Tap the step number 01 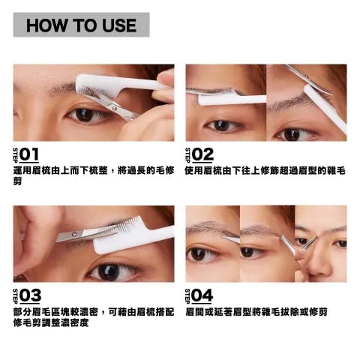pyautogui.click(x=29, y=154)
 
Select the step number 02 pyautogui.click(x=202, y=154)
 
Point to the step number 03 pyautogui.click(x=30, y=295)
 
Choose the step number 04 pyautogui.click(x=202, y=295)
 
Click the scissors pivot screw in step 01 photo pyautogui.click(x=115, y=108)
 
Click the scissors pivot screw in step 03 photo pyautogui.click(x=73, y=234)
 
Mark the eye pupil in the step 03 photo pyautogui.click(x=109, y=272)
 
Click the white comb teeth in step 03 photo pyautogui.click(x=130, y=226)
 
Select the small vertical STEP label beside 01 pyautogui.click(x=16, y=155)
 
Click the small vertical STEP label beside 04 pyautogui.click(x=187, y=296)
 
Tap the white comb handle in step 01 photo pyautogui.click(x=140, y=84)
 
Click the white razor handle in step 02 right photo pyautogui.click(x=325, y=108)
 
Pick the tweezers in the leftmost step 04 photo pyautogui.click(x=230, y=238)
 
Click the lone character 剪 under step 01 pyautogui.click(x=17, y=181)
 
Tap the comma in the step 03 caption pyautogui.click(x=103, y=313)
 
